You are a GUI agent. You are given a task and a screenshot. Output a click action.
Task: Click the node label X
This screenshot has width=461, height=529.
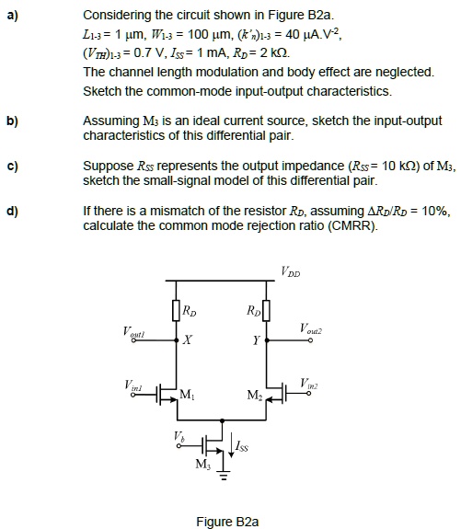click(x=188, y=342)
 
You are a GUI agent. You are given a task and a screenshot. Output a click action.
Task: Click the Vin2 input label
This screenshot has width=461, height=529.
click(x=310, y=382)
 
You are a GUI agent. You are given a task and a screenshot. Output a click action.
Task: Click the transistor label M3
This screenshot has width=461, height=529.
click(x=203, y=463)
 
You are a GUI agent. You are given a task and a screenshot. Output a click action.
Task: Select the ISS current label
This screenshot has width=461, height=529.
click(x=241, y=445)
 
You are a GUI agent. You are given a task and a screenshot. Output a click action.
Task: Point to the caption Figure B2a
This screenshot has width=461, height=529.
click(x=227, y=522)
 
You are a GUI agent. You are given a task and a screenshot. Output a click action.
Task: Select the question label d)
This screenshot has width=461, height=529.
click(x=15, y=211)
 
